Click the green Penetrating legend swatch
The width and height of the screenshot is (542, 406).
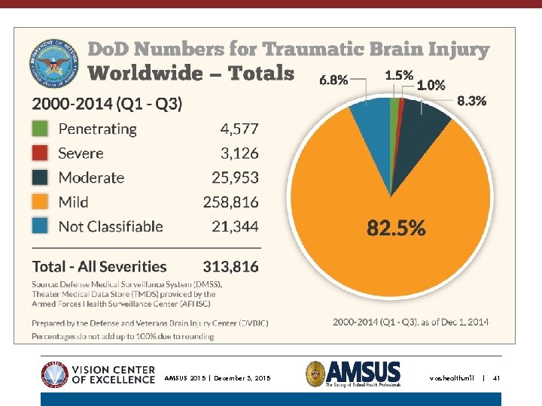click(x=40, y=129)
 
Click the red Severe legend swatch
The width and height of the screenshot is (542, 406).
click(x=40, y=153)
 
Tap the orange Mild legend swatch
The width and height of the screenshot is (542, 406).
click(x=40, y=202)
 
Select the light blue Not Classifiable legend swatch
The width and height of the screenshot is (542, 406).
click(x=40, y=226)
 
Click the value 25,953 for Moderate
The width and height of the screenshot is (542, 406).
click(x=234, y=178)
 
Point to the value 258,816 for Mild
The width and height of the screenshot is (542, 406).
click(x=230, y=202)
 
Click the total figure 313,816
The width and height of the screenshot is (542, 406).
click(x=230, y=266)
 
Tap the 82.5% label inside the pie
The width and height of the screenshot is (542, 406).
click(x=396, y=228)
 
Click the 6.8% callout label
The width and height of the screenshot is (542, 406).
click(x=333, y=80)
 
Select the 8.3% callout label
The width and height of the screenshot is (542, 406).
click(x=471, y=100)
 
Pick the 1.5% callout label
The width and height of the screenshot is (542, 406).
click(x=398, y=75)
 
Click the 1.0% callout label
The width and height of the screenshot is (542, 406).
click(x=431, y=86)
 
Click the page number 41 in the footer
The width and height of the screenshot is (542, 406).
click(x=496, y=377)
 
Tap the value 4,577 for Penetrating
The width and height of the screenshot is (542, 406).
click(x=239, y=129)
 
